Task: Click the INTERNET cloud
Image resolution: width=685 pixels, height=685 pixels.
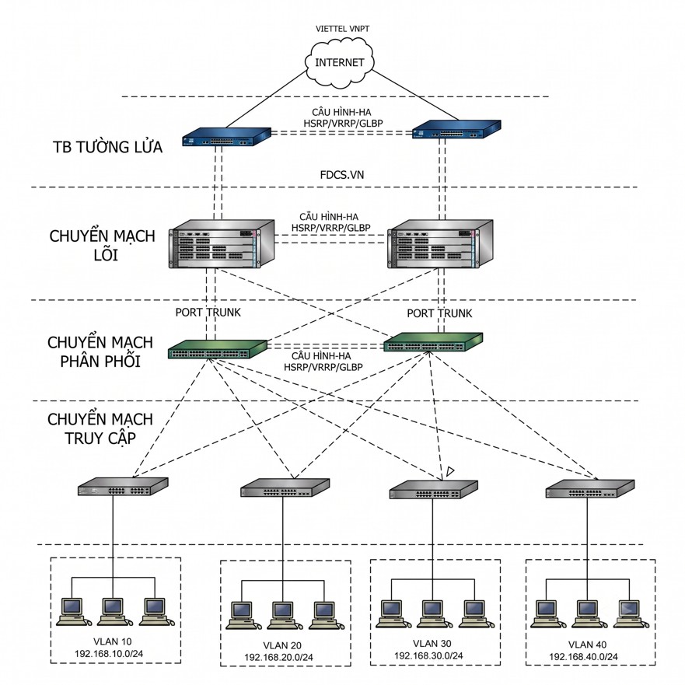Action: tap(340, 62)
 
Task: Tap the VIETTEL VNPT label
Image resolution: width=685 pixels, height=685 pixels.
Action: tap(342, 29)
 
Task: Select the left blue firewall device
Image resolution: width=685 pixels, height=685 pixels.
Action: tap(226, 136)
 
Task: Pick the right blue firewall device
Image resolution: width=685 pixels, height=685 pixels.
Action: tap(456, 129)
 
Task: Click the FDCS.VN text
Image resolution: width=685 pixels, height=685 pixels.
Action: tap(342, 175)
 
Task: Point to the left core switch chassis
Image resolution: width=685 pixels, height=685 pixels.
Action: tap(222, 244)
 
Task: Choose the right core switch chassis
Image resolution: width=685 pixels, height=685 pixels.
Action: tap(440, 244)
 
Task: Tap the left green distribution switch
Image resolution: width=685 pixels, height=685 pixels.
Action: tap(218, 349)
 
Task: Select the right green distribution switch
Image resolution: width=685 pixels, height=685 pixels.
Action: tap(433, 342)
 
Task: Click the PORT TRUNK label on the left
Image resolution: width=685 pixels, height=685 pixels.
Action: tap(208, 313)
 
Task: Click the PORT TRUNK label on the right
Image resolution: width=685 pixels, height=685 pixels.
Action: tap(439, 313)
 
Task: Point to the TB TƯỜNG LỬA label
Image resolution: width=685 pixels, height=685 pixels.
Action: tap(108, 147)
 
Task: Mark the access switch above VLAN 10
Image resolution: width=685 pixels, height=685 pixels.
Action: tap(123, 487)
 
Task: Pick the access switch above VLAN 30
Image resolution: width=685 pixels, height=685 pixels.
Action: tap(434, 490)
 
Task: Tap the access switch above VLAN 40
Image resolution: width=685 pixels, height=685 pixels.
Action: tap(590, 489)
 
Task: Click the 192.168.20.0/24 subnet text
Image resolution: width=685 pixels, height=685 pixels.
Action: tap(278, 657)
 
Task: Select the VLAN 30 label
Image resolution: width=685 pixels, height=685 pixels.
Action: tap(432, 644)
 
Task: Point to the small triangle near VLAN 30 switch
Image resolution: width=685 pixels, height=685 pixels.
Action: tap(450, 471)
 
